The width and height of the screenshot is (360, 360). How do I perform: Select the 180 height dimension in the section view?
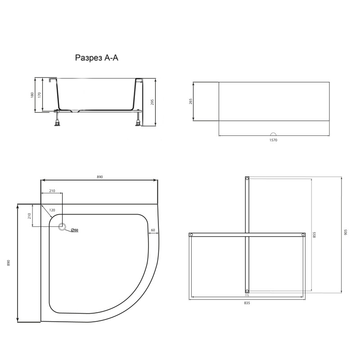point(33,95)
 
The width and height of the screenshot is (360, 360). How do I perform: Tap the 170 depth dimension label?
point(40,95)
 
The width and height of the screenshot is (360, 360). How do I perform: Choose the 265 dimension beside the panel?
point(191,101)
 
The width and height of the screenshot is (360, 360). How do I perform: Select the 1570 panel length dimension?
point(274,140)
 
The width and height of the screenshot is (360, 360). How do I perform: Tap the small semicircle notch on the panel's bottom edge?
point(273,134)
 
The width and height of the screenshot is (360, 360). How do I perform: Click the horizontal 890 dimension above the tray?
point(100,177)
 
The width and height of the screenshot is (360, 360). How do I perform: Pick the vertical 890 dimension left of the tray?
point(9,263)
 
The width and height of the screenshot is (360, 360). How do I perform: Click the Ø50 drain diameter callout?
point(74,230)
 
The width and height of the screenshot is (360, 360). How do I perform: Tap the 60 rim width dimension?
point(153,230)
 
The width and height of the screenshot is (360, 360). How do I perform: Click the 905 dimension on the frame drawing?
point(346,233)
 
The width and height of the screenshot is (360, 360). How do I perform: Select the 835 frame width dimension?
point(247,303)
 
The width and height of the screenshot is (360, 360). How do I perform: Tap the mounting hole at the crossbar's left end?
point(191,235)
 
